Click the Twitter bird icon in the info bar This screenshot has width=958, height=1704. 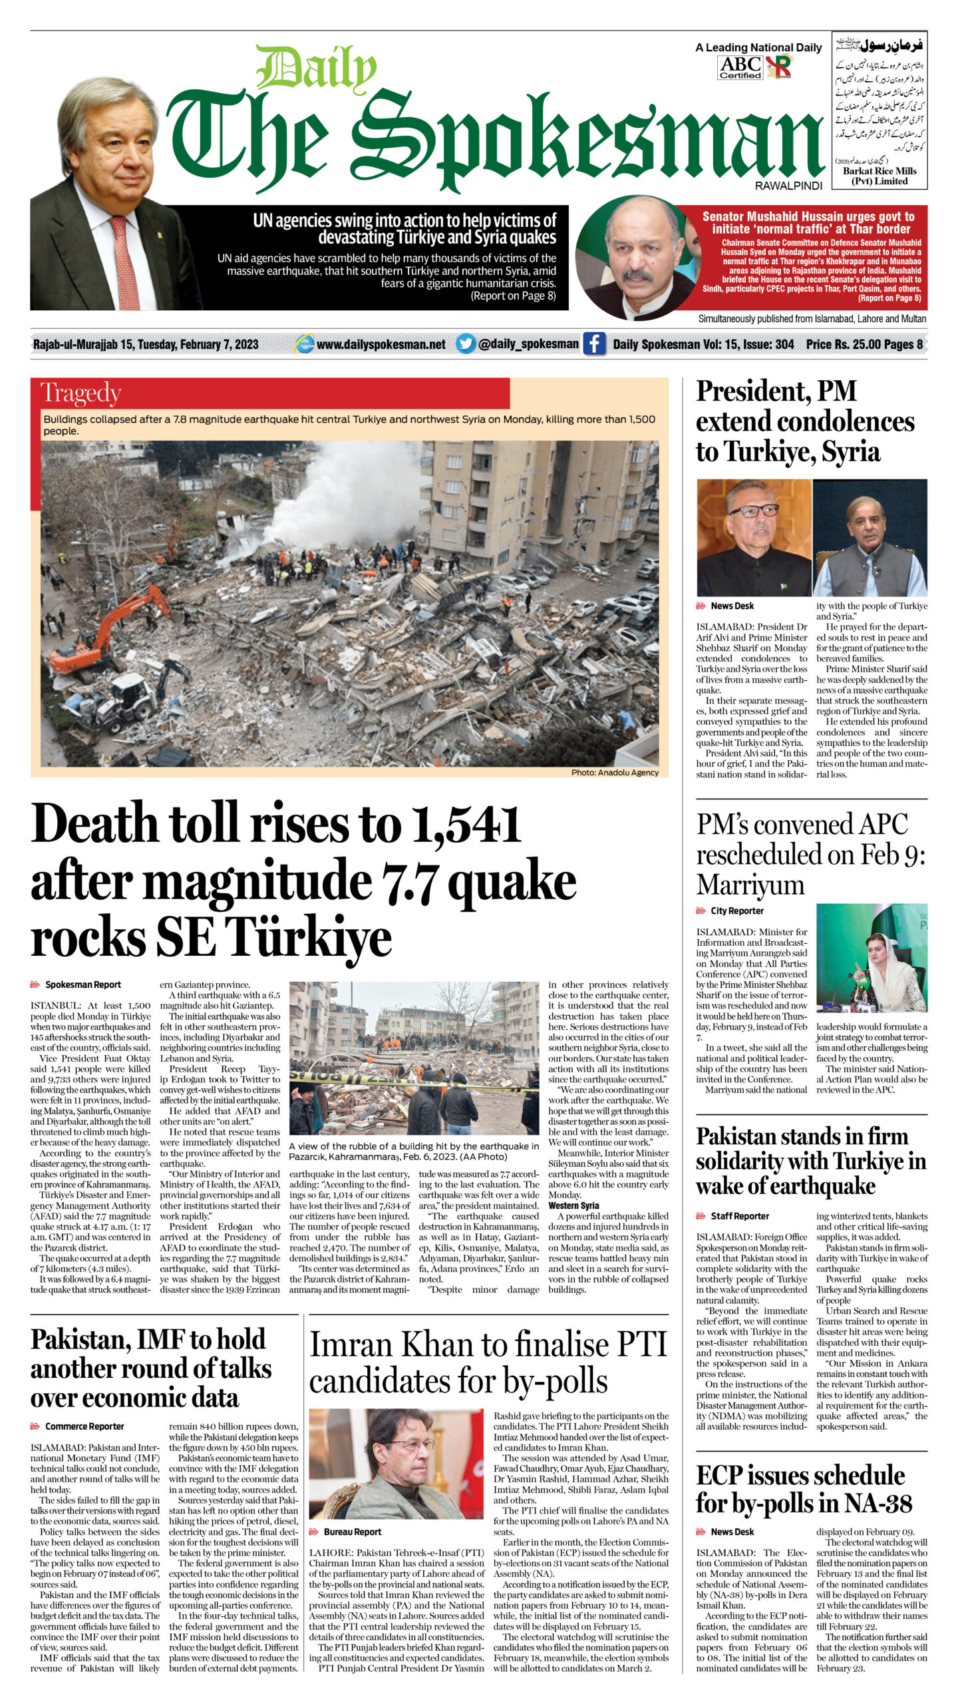tap(466, 344)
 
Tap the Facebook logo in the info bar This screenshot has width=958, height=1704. tap(594, 344)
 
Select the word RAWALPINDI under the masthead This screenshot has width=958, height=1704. tap(788, 186)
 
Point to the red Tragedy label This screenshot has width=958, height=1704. tap(80, 393)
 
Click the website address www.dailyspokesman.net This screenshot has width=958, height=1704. tap(381, 344)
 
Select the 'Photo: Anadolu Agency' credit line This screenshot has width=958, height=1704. tap(615, 773)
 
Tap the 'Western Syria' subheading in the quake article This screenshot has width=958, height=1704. tap(573, 1205)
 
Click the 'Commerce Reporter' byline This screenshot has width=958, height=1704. tap(84, 1426)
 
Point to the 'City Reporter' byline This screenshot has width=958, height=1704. tap(737, 911)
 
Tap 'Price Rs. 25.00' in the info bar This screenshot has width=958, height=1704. tap(843, 344)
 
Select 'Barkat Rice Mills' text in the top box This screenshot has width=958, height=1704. tap(879, 171)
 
